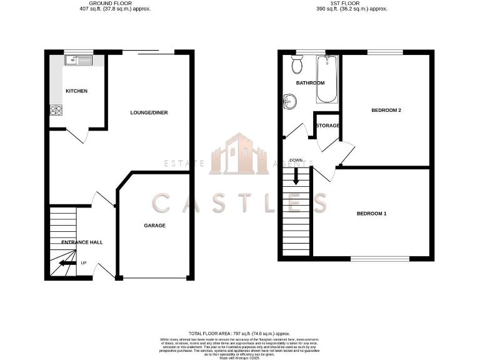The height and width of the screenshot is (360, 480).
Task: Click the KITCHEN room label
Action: (76, 91)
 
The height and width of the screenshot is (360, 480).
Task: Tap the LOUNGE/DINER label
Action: (149, 112)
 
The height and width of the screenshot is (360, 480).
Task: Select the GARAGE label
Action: (154, 226)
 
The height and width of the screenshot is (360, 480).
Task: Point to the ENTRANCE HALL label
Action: (82, 242)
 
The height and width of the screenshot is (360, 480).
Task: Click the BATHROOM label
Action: (310, 83)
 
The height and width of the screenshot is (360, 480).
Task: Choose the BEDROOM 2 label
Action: (386, 111)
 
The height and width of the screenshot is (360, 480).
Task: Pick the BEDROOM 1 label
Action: (371, 214)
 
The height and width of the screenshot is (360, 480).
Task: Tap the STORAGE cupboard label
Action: (327, 126)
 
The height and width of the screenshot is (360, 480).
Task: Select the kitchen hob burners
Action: (57, 110)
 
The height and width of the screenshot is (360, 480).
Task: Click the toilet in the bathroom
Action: (297, 64)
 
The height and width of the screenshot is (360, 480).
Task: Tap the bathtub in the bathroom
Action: (327, 79)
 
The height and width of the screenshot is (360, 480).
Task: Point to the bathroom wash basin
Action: (289, 101)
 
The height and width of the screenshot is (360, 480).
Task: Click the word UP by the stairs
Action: (83, 262)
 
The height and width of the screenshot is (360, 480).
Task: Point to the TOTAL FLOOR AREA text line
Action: (239, 334)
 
